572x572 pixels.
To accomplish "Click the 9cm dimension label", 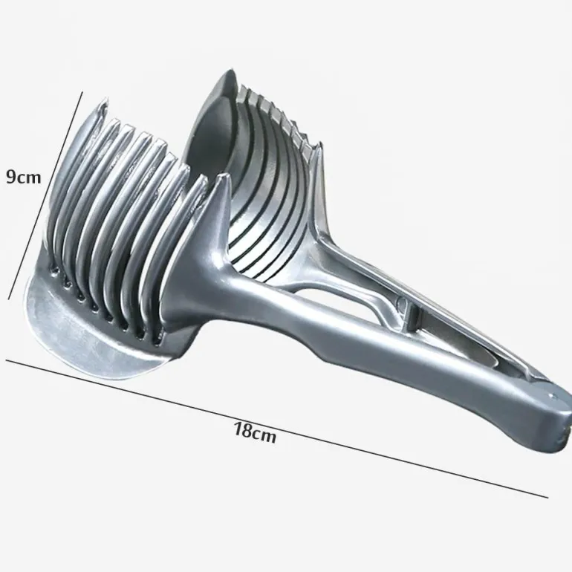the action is (23, 177).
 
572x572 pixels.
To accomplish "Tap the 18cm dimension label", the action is (255, 432).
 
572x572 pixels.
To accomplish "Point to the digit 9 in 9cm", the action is (11, 177).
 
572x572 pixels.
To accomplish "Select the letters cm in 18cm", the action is (264, 435).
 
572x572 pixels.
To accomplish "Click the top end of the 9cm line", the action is (82, 92).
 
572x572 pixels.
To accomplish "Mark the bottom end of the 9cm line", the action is (9, 299).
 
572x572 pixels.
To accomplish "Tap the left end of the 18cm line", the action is (6, 360).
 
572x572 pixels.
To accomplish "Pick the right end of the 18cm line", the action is (548, 497).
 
